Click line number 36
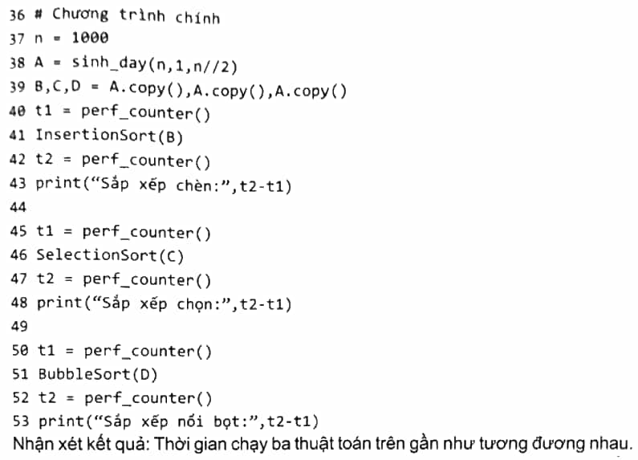pos(17,14)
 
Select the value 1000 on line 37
pos(90,38)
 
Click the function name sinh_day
pos(109,63)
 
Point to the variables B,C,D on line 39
pos(58,87)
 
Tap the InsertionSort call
pos(109,136)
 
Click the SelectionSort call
pos(110,255)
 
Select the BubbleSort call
pos(98,374)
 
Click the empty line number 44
pos(18,207)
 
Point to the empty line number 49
pos(19,327)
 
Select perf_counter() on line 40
pos(146,112)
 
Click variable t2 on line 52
pos(47,397)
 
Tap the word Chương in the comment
pos(80,14)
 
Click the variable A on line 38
pos(39,63)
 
